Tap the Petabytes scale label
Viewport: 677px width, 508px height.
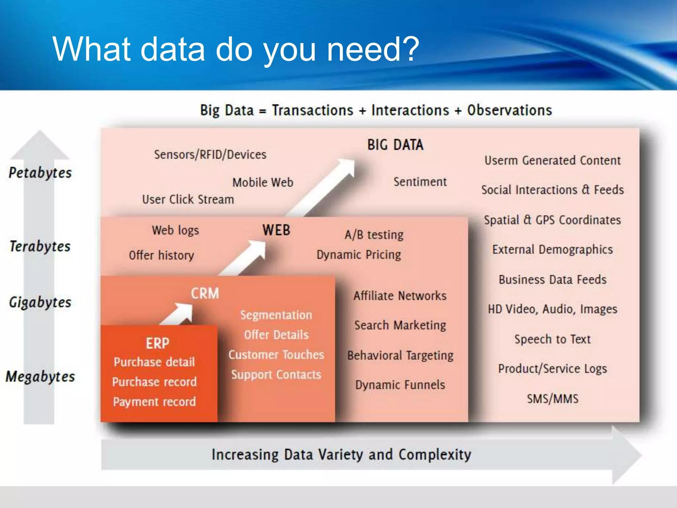pos(40,173)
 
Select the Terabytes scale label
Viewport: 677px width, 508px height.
pos(40,246)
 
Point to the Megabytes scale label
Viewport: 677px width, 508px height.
pos(40,377)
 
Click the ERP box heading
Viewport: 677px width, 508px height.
pos(158,343)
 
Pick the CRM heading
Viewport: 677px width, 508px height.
pos(205,293)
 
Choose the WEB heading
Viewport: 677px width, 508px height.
pos(276,230)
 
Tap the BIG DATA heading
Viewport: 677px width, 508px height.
pos(395,145)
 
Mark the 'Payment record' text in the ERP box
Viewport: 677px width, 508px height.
pos(154,402)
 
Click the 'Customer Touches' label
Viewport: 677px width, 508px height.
pos(276,355)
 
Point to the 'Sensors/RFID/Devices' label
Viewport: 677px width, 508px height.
pos(210,154)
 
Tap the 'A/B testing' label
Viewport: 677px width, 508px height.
pos(374,234)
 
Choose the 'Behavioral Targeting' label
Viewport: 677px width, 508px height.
pos(400,355)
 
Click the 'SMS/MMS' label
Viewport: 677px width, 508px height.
pos(553,399)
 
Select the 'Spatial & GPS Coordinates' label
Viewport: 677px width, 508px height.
pos(552,220)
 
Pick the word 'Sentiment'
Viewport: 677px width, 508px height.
pos(420,182)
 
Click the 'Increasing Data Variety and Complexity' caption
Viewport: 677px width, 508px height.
pos(341,454)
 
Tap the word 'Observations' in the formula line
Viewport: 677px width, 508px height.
pos(509,110)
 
